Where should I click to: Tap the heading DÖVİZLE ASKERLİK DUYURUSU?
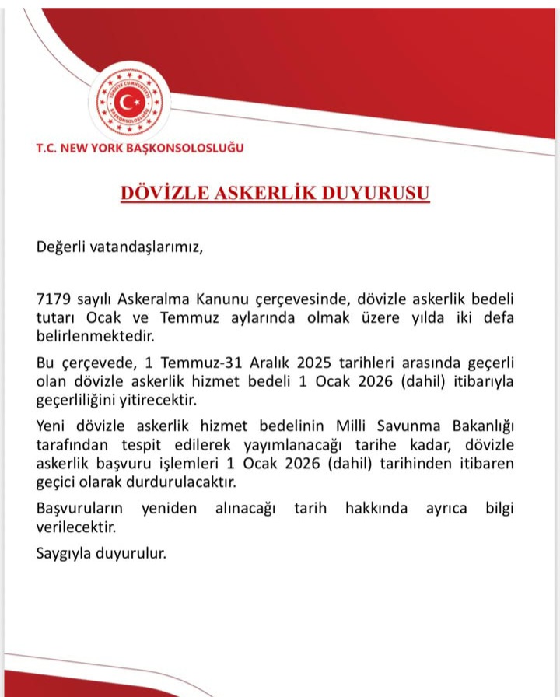[275, 193]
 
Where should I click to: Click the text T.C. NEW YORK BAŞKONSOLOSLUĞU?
[140, 148]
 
